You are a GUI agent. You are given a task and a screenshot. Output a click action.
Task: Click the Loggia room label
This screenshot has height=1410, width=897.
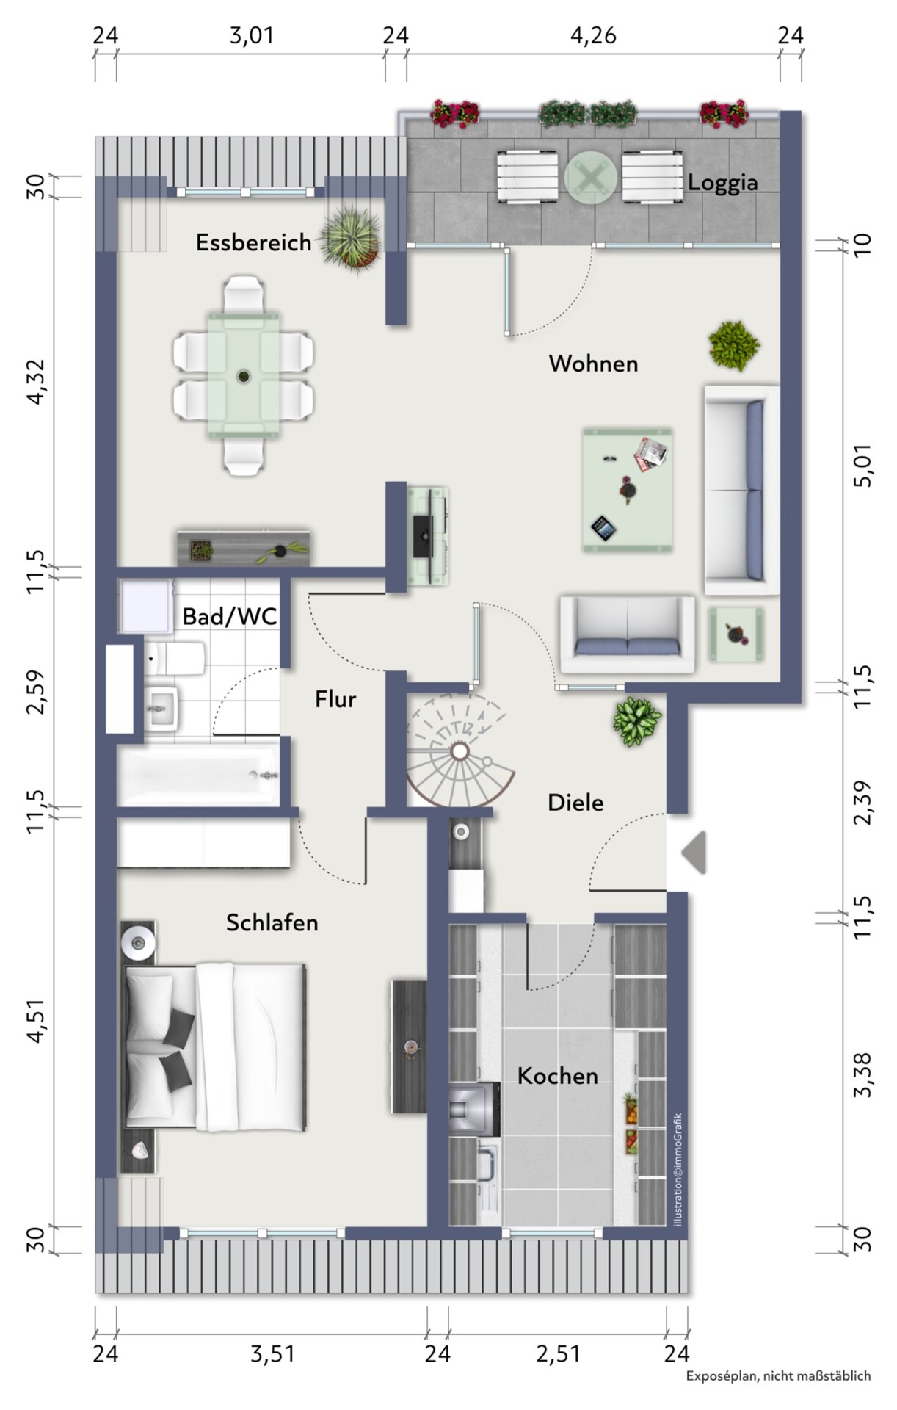[722, 182]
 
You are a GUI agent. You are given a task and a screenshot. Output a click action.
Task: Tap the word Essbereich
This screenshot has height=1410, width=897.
[253, 242]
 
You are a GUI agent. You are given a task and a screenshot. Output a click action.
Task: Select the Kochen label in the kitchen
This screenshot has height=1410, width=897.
[557, 1076]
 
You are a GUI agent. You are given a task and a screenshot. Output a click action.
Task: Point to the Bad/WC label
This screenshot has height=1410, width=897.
[230, 616]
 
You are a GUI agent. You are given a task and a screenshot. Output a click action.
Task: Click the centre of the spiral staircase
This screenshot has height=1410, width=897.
[460, 751]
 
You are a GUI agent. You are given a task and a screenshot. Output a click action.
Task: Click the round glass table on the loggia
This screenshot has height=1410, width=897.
[590, 177]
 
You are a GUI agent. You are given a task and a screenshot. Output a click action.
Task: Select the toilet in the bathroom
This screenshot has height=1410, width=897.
[176, 659]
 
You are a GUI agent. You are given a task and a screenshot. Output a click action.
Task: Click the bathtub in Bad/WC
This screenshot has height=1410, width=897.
[198, 775]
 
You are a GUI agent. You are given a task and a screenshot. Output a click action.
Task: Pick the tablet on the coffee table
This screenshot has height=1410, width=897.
[603, 528]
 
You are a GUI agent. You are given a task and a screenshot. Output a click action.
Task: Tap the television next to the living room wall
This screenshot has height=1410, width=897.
[423, 536]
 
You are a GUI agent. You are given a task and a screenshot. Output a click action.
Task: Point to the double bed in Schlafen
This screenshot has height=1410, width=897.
[214, 1047]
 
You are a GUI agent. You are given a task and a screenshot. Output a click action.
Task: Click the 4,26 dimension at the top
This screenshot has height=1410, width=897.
[593, 35]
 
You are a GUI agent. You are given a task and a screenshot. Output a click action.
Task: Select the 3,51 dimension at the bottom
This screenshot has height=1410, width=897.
[272, 1353]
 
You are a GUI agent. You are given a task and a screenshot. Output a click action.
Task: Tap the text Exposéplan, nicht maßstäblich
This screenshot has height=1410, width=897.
[778, 1375]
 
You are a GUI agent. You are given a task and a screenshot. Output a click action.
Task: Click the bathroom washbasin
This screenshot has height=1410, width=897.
[160, 709]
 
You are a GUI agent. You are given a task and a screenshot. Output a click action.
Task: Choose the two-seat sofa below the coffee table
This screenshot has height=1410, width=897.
[628, 634]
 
